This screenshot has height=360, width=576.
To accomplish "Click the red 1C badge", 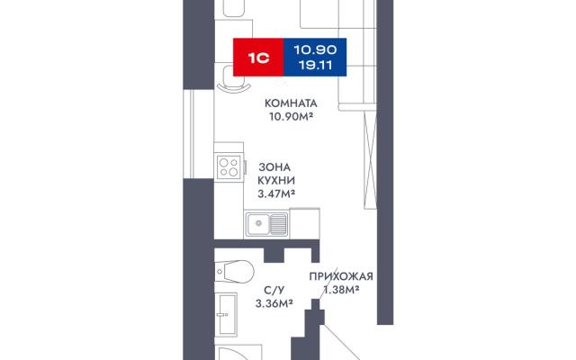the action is click(258, 58).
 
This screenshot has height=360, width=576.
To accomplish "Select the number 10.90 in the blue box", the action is click(315, 49).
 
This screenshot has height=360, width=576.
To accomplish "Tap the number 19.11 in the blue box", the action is click(315, 66).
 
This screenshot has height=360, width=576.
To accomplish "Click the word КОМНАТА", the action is click(291, 103).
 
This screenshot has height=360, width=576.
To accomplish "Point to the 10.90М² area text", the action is click(291, 117).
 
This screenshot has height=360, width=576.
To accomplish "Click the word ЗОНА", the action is click(274, 167).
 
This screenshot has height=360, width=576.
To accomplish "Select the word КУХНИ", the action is click(276, 181).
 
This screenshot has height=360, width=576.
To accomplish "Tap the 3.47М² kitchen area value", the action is click(276, 193).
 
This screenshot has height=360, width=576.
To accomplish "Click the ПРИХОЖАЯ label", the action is click(341, 276).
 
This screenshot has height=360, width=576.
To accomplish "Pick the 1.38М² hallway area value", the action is click(341, 290).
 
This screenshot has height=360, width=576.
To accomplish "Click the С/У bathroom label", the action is click(274, 290).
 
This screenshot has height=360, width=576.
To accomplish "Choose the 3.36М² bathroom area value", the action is click(274, 303).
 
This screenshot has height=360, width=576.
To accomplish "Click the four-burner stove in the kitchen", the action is click(229, 167).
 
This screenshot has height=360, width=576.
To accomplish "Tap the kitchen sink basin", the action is click(258, 224).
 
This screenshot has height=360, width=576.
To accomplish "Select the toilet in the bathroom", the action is click(234, 271).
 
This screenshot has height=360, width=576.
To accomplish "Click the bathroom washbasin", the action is click(226, 314).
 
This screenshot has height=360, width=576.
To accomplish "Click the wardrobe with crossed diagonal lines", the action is click(370, 159).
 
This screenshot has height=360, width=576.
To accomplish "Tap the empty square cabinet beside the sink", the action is click(304, 222).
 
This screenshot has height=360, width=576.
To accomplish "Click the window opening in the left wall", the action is click(199, 134).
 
